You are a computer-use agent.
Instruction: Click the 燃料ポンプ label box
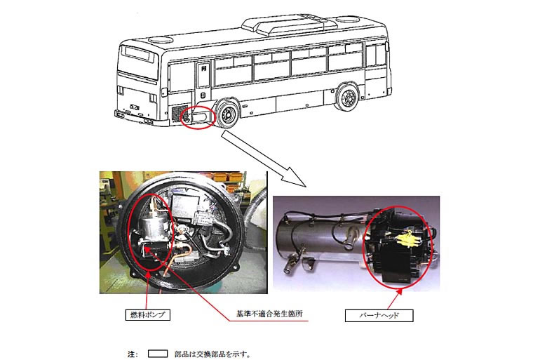tap(147, 314)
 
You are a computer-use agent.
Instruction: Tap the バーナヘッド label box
tap(379, 316)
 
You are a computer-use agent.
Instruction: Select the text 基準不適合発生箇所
tap(269, 314)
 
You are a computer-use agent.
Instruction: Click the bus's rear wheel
tap(227, 113)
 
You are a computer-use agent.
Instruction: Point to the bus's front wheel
tap(347, 97)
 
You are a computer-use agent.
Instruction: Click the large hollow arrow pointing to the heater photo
tap(263, 159)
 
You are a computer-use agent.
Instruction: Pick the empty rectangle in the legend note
tap(158, 354)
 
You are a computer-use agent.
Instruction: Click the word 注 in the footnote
tap(131, 354)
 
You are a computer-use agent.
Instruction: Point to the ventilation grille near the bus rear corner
tap(180, 114)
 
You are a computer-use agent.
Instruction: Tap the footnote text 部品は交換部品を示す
tap(211, 354)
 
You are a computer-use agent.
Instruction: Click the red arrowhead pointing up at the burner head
tap(400, 292)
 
